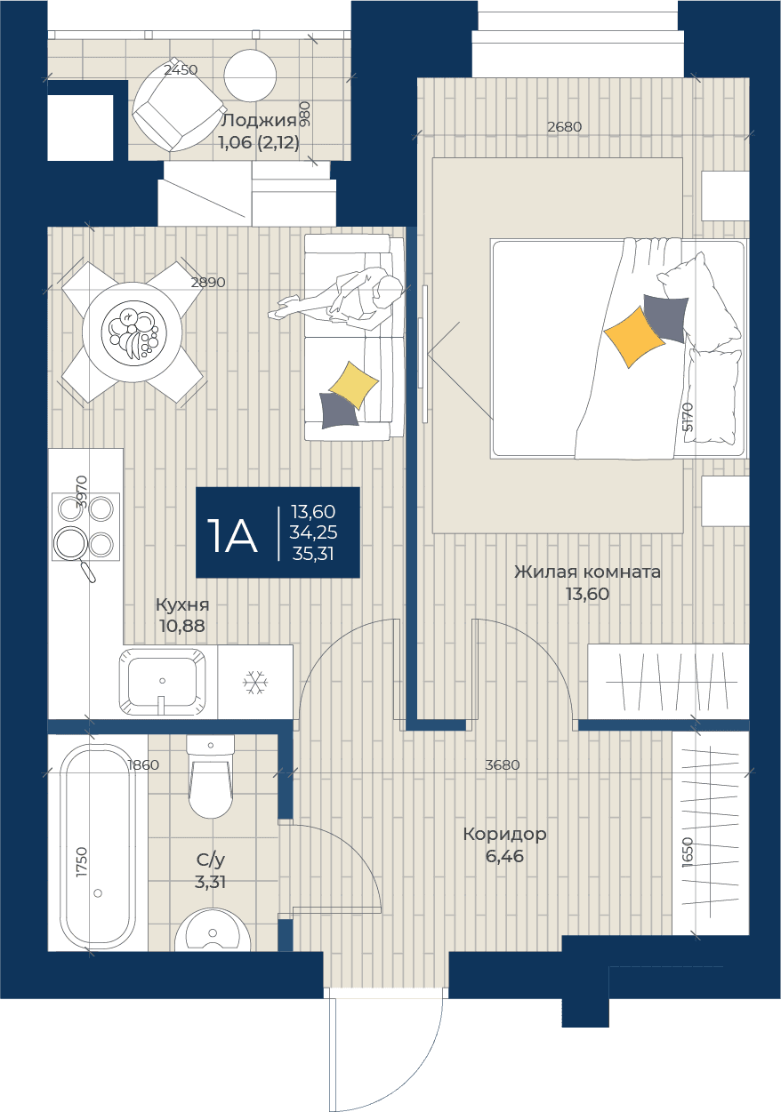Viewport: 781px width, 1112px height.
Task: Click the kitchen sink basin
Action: point(163,682)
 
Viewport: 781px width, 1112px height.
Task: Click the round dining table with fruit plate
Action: point(132,332)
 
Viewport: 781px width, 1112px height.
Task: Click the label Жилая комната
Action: point(588,572)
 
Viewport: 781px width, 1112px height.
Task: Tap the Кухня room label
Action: point(182,605)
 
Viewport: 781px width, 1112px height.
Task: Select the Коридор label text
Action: point(504,834)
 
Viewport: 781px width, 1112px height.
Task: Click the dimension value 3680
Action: point(503,765)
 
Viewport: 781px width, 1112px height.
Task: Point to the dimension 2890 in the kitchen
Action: point(208,283)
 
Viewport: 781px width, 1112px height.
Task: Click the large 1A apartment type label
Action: point(232,536)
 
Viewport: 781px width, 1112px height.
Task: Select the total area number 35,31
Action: point(313,554)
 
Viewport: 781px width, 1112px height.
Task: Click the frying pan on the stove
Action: point(75,550)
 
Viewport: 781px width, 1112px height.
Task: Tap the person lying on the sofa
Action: point(335,300)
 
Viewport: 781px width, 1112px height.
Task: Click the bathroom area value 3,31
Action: point(211,882)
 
